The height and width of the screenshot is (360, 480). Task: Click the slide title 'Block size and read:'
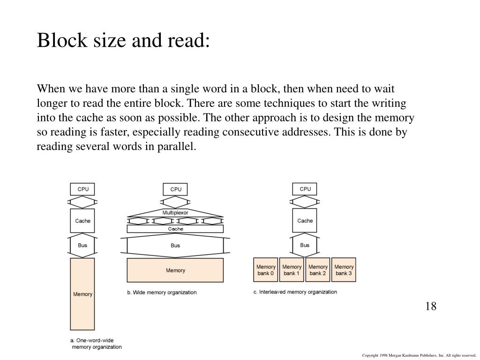(124, 41)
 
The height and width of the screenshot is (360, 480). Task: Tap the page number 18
(431, 307)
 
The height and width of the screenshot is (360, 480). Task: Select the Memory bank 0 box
(266, 270)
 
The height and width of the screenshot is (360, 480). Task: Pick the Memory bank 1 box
(292, 270)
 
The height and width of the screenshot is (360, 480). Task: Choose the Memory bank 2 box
(318, 270)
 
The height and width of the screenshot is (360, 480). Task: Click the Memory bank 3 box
(344, 270)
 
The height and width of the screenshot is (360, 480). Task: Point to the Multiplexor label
(175, 213)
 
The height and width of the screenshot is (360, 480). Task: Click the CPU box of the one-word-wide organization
(82, 189)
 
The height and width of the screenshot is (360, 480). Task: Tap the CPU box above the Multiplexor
(176, 189)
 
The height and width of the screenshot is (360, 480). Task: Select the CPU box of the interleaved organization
(305, 189)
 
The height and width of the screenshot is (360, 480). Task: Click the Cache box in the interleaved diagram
(305, 220)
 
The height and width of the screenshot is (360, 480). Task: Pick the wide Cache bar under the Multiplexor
(175, 229)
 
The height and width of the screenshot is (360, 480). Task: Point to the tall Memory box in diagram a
(82, 294)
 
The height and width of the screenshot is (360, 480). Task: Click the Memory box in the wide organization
(175, 270)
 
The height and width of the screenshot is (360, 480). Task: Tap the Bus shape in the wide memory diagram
(175, 245)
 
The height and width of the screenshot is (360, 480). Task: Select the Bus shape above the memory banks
(305, 245)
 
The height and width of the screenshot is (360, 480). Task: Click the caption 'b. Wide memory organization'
(162, 292)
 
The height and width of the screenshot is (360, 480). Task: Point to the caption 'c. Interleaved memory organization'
(295, 292)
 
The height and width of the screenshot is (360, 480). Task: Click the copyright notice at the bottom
(419, 356)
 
